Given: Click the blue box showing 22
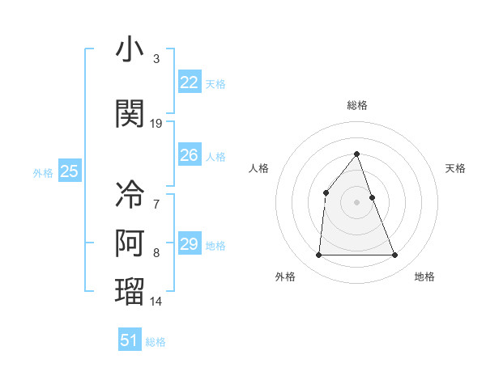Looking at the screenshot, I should (x=189, y=82).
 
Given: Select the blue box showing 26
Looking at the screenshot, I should (x=189, y=155).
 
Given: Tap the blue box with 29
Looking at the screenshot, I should (x=189, y=244).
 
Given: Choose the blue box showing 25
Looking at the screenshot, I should (x=69, y=171).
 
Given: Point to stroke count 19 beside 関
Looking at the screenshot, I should (x=156, y=124).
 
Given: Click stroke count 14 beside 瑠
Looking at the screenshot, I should (x=156, y=302).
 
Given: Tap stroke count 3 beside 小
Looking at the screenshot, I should (x=156, y=59).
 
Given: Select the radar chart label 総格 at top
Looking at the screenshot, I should (x=356, y=105).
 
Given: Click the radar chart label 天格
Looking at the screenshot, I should (x=456, y=168).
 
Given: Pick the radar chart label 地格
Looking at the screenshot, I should (x=424, y=277).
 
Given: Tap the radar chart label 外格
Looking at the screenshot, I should (x=285, y=277).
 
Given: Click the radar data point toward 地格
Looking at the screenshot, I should (x=394, y=255).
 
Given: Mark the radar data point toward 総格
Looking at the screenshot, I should (x=356, y=154).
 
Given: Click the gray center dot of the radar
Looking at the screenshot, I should (x=356, y=202).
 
